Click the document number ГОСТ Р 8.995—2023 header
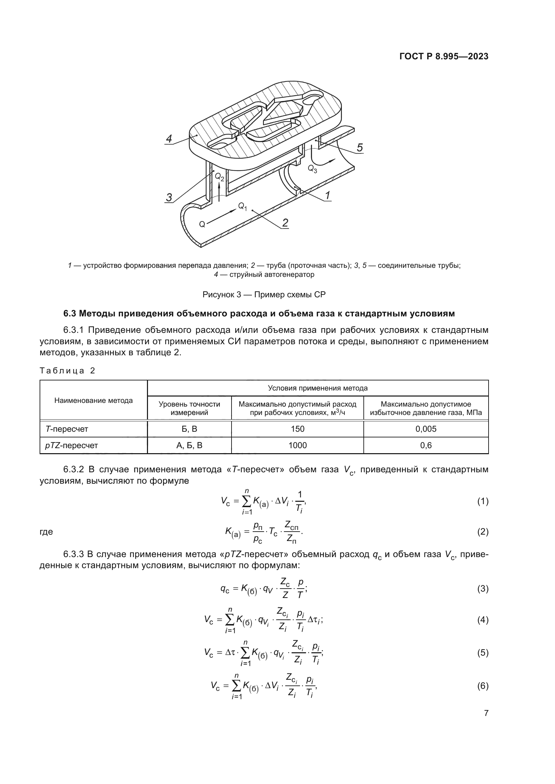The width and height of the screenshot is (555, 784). [444, 56]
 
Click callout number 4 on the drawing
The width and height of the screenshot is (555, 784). [169, 139]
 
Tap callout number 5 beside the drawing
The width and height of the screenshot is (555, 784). [359, 147]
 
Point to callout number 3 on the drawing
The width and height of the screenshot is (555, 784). [169, 197]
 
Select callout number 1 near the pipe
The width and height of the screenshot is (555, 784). [327, 195]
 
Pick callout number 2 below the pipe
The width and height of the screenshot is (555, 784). [285, 223]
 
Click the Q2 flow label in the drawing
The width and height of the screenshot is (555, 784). [219, 177]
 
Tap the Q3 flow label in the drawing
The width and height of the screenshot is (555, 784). [312, 169]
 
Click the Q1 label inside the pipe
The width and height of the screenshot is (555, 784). [242, 206]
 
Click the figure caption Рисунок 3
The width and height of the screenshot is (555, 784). [264, 294]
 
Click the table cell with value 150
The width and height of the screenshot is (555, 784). [297, 429]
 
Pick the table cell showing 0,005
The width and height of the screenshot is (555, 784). [426, 429]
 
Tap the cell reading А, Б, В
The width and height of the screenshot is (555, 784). [189, 445]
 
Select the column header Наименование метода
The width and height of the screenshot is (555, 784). [93, 400]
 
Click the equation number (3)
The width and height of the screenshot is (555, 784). [483, 589]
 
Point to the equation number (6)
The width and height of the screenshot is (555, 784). [483, 686]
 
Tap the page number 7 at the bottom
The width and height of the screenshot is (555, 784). [486, 713]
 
